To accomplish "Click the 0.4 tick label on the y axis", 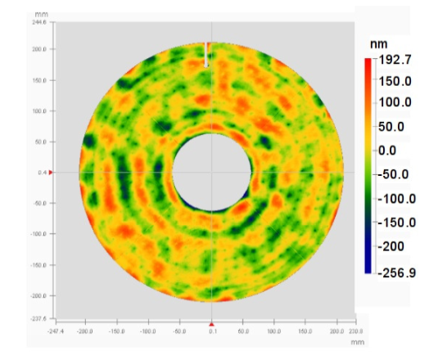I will (42, 173).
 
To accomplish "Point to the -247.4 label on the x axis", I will (55, 331).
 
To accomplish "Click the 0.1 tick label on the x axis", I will (213, 331).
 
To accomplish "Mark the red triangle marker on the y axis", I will (52, 173).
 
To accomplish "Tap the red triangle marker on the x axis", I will (212, 324).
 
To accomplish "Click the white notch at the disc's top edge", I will (205, 56).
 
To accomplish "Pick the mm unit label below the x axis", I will (357, 343).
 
